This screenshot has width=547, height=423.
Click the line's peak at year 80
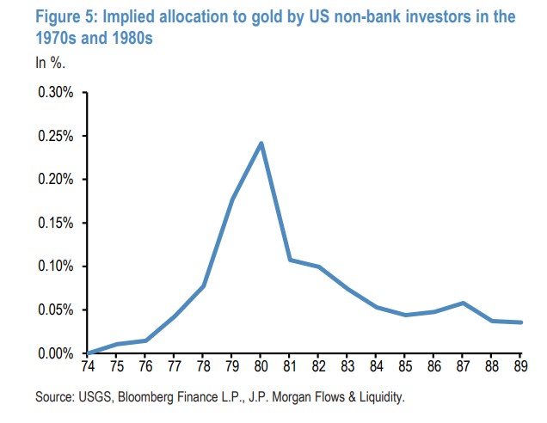(261, 143)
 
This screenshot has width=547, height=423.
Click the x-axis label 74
(89, 366)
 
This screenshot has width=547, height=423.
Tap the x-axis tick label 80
(261, 366)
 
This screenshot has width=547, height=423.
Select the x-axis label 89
(520, 366)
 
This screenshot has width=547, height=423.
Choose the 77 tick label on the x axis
(175, 366)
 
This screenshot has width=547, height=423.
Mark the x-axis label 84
(376, 366)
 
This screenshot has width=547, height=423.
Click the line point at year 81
(290, 260)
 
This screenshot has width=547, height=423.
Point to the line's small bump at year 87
(463, 303)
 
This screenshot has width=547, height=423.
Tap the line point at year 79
(232, 200)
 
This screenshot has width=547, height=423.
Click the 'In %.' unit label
(50, 63)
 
